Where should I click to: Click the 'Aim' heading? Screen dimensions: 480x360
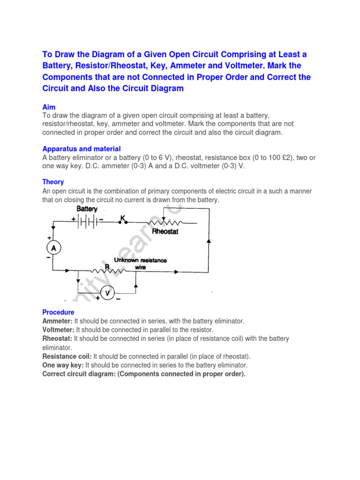[49, 107]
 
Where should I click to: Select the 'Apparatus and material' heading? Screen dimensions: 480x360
[82, 149]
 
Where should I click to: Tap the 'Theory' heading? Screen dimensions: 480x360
[53, 182]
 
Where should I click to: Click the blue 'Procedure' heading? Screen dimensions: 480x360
[58, 312]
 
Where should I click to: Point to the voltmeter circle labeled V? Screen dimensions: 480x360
[107, 293]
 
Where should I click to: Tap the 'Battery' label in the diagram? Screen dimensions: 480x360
[87, 209]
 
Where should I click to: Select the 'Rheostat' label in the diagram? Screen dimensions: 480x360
[165, 232]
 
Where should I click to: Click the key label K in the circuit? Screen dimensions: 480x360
[123, 218]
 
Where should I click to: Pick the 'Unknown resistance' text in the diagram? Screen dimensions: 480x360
[140, 260]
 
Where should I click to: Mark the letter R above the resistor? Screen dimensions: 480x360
[107, 266]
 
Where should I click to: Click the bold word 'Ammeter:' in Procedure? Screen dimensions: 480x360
[57, 321]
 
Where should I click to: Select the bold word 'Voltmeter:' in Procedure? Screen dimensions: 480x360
[58, 330]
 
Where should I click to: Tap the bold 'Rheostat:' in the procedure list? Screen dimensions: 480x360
[57, 338]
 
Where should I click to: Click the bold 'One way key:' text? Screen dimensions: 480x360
[63, 365]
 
